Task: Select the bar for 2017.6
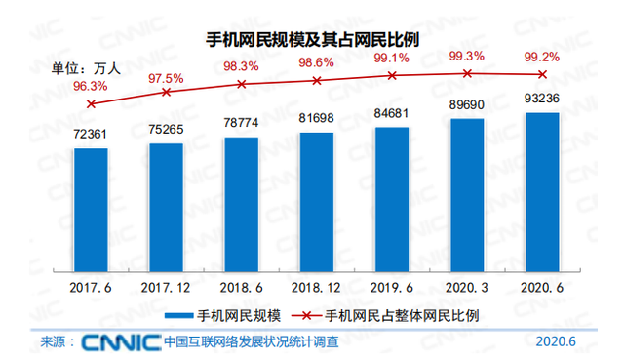click(91, 209)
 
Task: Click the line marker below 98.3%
click(241, 84)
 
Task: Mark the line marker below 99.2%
click(542, 74)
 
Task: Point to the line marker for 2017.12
click(166, 92)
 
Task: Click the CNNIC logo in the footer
click(120, 342)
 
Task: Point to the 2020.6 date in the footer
click(557, 342)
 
